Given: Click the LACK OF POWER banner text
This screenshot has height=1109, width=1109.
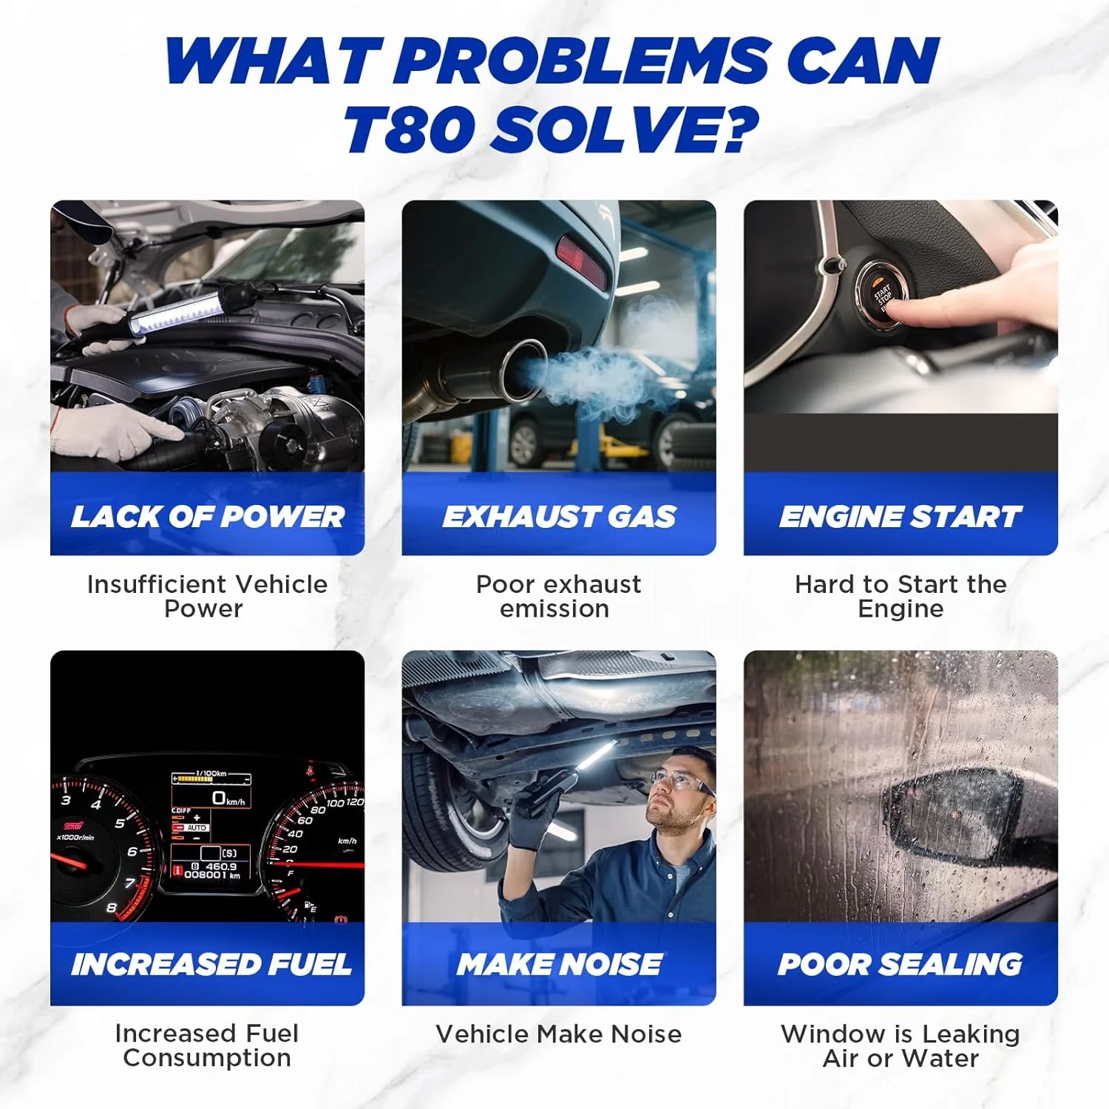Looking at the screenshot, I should coord(208,517).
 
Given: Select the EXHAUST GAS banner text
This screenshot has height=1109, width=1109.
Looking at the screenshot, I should coord(559,517).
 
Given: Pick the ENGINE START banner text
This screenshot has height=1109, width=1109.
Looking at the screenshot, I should coord(901,517).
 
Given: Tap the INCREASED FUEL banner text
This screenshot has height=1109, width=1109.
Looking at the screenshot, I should coord(211,964).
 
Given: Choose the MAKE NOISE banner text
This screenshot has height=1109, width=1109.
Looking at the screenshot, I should coord(559,964).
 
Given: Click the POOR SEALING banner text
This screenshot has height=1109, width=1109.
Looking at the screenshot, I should coord(901,964).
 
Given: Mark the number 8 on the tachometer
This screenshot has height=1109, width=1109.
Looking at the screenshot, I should coord(112,907).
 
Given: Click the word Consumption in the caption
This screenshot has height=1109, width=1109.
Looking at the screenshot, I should coord(207,1058).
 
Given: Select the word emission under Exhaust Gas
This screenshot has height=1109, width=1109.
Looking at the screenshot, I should coord(554,609).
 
